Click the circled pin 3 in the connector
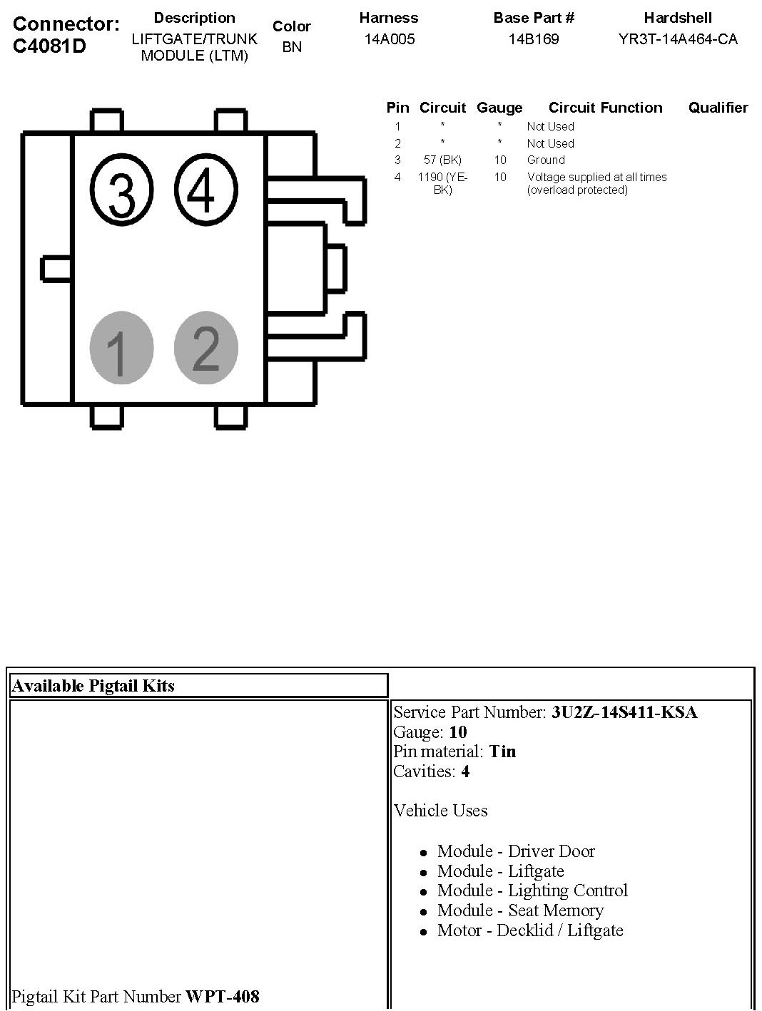(x=122, y=190)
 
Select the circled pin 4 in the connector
(x=205, y=188)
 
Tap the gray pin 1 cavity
(x=121, y=349)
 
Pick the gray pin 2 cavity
(x=206, y=347)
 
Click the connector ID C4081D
(x=49, y=46)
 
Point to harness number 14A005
(x=389, y=39)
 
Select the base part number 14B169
(x=534, y=39)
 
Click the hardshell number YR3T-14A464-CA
(x=678, y=39)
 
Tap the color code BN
(x=292, y=48)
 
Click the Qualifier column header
(x=718, y=108)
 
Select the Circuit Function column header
(x=605, y=108)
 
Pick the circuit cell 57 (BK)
(x=442, y=160)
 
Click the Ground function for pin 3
(x=546, y=160)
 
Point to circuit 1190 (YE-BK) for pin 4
(x=442, y=183)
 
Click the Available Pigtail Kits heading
(x=93, y=686)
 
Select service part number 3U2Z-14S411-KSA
(x=624, y=712)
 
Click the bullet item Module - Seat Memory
(x=520, y=910)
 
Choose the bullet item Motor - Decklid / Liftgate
(x=530, y=930)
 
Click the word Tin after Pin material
(x=502, y=751)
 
